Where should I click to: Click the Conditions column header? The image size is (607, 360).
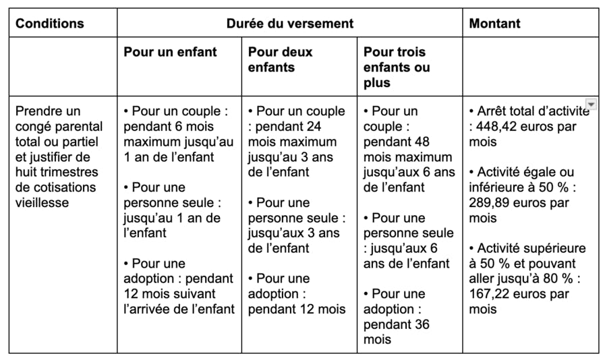click(50, 24)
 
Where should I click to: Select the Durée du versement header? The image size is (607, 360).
click(290, 24)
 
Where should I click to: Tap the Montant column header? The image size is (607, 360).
click(495, 24)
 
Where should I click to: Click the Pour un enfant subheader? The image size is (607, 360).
click(170, 52)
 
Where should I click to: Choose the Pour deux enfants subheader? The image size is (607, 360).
click(280, 59)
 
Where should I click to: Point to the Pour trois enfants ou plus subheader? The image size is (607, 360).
click(397, 67)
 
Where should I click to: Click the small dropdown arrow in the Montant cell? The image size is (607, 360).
click(591, 104)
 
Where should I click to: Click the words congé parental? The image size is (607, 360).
click(59, 127)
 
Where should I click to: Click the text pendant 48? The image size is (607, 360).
click(397, 142)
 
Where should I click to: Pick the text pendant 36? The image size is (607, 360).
click(397, 324)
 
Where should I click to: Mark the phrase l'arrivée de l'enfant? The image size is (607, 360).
click(179, 309)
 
